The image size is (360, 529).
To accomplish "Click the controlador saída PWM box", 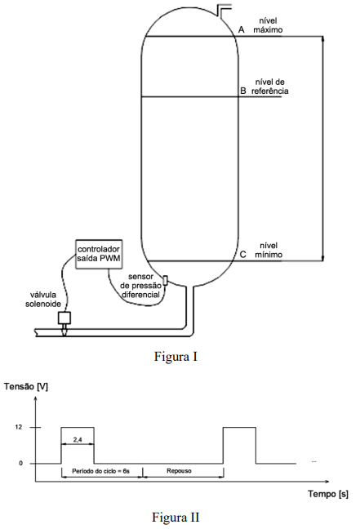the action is pyautogui.click(x=99, y=254).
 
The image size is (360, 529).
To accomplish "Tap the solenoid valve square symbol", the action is pyautogui.click(x=64, y=318).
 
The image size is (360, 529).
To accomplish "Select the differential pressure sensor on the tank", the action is pyautogui.click(x=166, y=280).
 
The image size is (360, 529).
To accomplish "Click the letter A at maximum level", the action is pyautogui.click(x=242, y=29).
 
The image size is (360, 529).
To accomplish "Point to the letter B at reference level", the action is pyautogui.click(x=243, y=91).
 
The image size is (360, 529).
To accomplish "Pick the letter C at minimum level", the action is pyautogui.click(x=243, y=255).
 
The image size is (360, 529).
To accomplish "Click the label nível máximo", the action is pyautogui.click(x=268, y=25).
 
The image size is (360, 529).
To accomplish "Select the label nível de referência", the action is pyautogui.click(x=270, y=87).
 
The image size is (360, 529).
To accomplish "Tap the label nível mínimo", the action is pyautogui.click(x=269, y=250).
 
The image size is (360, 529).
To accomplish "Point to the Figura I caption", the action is pyautogui.click(x=176, y=357).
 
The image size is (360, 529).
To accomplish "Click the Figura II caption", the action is pyautogui.click(x=176, y=517).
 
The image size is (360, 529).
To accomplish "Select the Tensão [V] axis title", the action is pyautogui.click(x=26, y=387).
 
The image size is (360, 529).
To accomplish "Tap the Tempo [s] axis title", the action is pyautogui.click(x=328, y=494).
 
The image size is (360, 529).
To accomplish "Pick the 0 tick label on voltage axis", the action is pyautogui.click(x=20, y=463).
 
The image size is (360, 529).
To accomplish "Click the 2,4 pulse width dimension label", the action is pyautogui.click(x=78, y=439).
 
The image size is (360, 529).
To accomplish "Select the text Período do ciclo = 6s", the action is pyautogui.click(x=101, y=471).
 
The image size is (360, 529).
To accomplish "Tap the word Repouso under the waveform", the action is pyautogui.click(x=179, y=471).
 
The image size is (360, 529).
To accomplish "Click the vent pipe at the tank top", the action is pyautogui.click(x=224, y=10).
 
